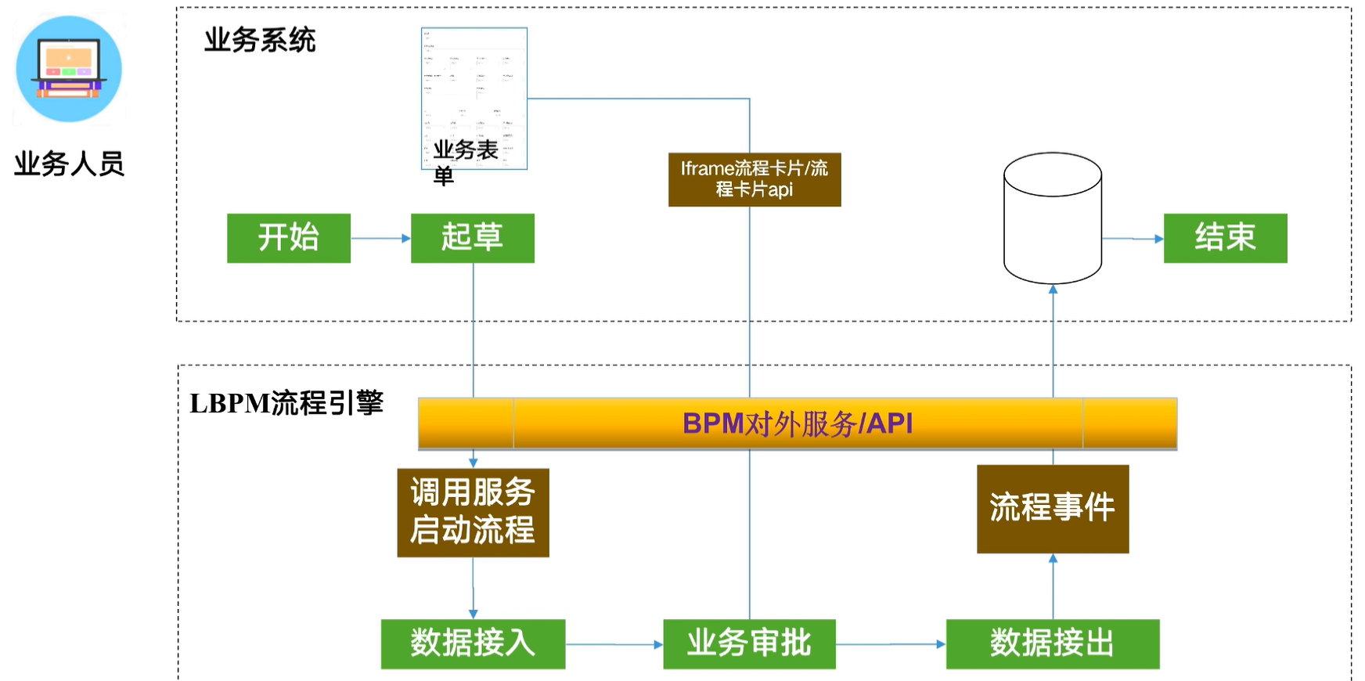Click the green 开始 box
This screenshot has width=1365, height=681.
pyautogui.click(x=289, y=238)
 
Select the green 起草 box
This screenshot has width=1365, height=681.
pyautogui.click(x=473, y=238)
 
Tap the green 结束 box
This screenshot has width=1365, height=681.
pyautogui.click(x=1225, y=238)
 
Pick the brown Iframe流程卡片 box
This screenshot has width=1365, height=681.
pyautogui.click(x=755, y=179)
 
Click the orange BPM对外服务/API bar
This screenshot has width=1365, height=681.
pyautogui.click(x=798, y=423)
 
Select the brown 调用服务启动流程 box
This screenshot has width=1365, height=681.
pyautogui.click(x=473, y=513)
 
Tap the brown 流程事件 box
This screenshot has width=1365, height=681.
pyautogui.click(x=1053, y=509)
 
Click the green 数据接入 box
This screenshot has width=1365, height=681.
pyautogui.click(x=473, y=644)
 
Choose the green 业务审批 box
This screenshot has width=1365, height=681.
pyautogui.click(x=749, y=644)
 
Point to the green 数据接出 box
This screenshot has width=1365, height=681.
pyautogui.click(x=1053, y=644)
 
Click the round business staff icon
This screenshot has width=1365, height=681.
pyautogui.click(x=69, y=69)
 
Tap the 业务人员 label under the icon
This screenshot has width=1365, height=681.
pyautogui.click(x=69, y=164)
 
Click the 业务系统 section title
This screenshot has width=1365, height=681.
pyautogui.click(x=260, y=40)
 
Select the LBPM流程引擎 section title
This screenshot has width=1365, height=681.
pyautogui.click(x=286, y=403)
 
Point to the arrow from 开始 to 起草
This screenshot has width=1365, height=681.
pyautogui.click(x=380, y=238)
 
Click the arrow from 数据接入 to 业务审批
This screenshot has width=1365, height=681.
pyautogui.click(x=614, y=644)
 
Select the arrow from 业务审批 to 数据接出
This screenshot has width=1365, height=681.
pyautogui.click(x=891, y=644)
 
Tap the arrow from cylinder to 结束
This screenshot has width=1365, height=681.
pyautogui.click(x=1133, y=239)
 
